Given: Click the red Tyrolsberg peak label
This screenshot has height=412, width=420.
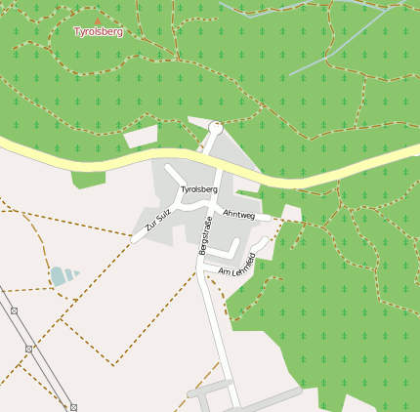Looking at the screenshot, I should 99,31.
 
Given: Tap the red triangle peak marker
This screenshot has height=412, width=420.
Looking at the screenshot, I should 97,21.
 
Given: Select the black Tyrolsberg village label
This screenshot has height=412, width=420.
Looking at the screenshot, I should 198,188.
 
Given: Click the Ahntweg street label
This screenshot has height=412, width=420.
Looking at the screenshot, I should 238,214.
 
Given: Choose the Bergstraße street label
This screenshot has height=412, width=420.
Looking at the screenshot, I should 205,236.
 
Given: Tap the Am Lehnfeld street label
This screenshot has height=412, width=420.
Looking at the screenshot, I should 237,265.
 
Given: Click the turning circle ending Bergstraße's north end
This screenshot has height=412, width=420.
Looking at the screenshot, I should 216,128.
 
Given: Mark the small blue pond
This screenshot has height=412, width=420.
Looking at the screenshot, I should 62,275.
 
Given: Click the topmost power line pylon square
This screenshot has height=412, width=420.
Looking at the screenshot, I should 14,310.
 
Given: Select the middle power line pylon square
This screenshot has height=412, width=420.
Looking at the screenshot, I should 29,349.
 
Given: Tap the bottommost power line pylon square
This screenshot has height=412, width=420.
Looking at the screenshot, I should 73,407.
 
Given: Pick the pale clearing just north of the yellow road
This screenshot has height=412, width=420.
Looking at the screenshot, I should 141,137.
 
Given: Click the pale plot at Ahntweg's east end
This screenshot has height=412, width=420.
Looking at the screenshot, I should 291,212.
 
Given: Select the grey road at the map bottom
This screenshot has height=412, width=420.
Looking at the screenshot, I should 264,399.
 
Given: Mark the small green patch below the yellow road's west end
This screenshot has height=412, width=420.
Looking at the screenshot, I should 88,179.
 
